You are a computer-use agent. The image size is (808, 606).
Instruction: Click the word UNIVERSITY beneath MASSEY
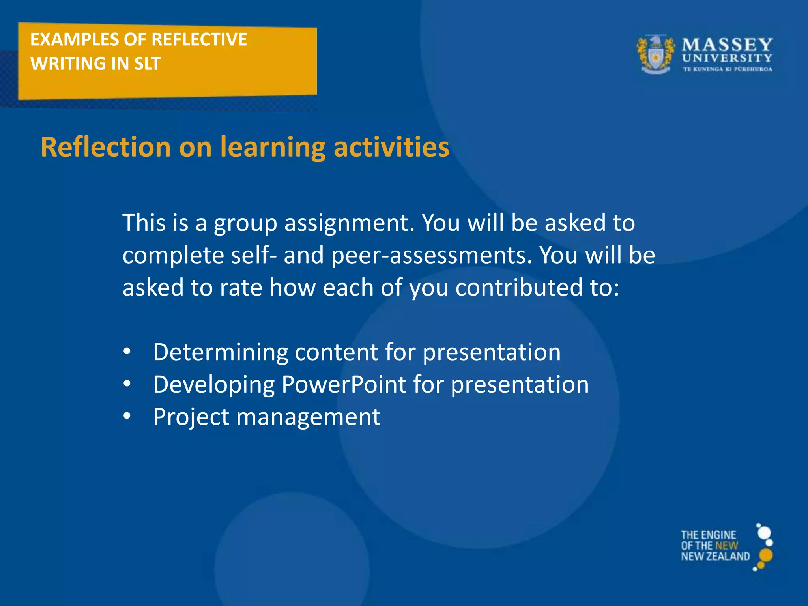coord(727,58)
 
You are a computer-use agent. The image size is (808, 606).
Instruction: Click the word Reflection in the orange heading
coord(106,147)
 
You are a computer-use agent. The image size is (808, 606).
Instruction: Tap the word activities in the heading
coord(391,147)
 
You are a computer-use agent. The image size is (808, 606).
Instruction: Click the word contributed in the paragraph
coord(519,287)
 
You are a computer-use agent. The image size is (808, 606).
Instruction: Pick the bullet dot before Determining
coord(127,351)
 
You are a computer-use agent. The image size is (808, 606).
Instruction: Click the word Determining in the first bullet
coord(221,352)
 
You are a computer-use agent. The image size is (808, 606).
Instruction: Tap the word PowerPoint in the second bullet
coord(344,384)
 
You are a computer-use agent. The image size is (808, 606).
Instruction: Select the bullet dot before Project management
coord(127,416)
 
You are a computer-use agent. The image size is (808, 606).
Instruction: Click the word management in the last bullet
coord(308,417)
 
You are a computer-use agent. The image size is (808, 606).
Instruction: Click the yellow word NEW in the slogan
coord(726,546)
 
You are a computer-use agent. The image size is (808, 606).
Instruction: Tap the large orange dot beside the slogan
coord(765,555)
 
